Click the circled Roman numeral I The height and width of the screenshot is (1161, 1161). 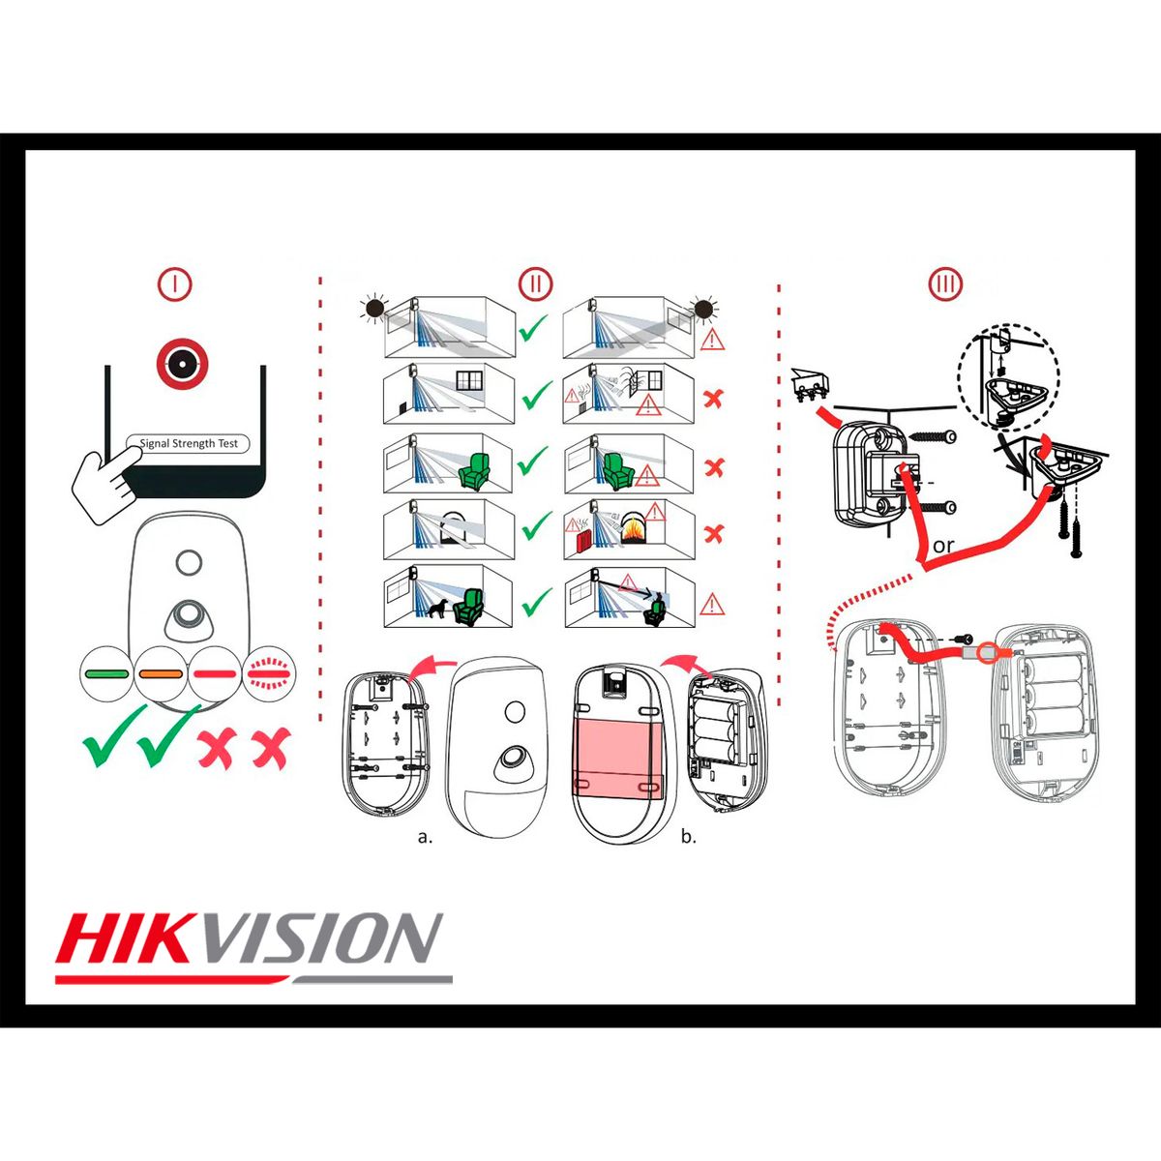(x=175, y=283)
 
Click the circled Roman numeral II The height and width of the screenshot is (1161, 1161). (x=535, y=283)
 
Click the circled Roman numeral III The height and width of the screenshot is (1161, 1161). (x=945, y=284)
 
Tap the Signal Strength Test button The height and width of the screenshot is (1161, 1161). (x=188, y=444)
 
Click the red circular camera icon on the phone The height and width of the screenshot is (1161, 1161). (x=183, y=364)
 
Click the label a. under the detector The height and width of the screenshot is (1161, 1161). (x=425, y=837)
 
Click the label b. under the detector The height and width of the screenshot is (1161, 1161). (x=688, y=837)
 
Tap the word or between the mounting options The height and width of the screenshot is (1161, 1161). (x=943, y=546)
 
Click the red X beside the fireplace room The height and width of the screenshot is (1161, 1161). (x=714, y=533)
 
